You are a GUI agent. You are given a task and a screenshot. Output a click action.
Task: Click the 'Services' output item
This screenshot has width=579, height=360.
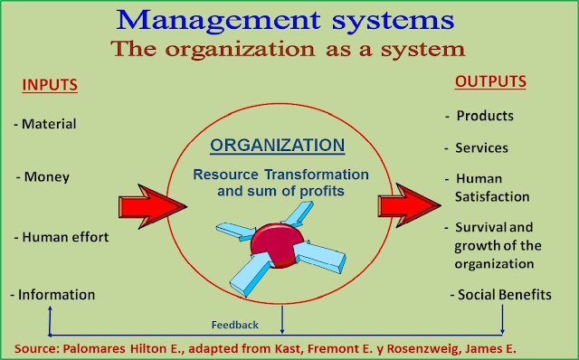479,147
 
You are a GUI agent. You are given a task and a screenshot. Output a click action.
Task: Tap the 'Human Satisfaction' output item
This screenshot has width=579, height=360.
489,187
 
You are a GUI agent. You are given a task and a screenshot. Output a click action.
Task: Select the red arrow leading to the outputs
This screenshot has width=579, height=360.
408,204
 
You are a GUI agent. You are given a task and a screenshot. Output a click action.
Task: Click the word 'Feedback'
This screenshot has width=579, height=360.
235,325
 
